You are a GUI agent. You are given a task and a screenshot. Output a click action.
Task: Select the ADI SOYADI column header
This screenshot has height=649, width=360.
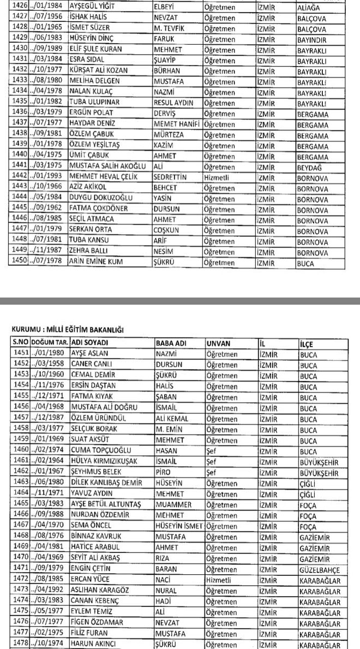91,343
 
